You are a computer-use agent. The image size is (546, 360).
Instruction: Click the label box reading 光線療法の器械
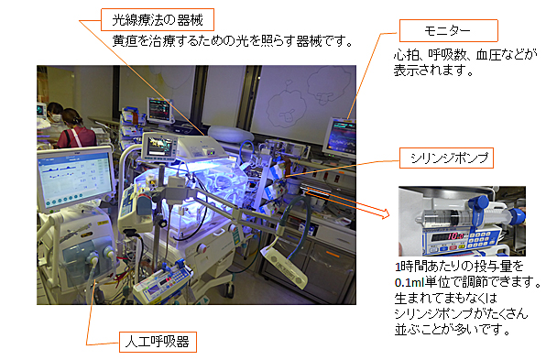click(158, 20)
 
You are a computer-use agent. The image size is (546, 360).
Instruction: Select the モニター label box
click(449, 30)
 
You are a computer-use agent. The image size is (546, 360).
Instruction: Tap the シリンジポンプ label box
click(446, 158)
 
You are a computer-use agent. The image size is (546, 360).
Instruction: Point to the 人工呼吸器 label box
click(158, 342)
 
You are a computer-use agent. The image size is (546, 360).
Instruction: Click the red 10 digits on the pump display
click(453, 236)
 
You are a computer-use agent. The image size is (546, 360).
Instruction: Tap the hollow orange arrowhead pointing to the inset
click(385, 213)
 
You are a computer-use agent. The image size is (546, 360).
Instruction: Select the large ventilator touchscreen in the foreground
click(75, 178)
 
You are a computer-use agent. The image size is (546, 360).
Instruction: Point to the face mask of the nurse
click(55, 117)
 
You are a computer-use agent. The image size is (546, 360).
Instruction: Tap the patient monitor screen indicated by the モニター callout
click(344, 136)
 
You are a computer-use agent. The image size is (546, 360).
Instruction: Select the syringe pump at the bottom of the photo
click(162, 282)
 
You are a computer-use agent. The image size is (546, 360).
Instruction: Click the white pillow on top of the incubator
click(231, 134)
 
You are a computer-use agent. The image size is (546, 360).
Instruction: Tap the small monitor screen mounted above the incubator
click(158, 147)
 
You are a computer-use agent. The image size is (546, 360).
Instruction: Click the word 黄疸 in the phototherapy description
click(124, 41)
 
